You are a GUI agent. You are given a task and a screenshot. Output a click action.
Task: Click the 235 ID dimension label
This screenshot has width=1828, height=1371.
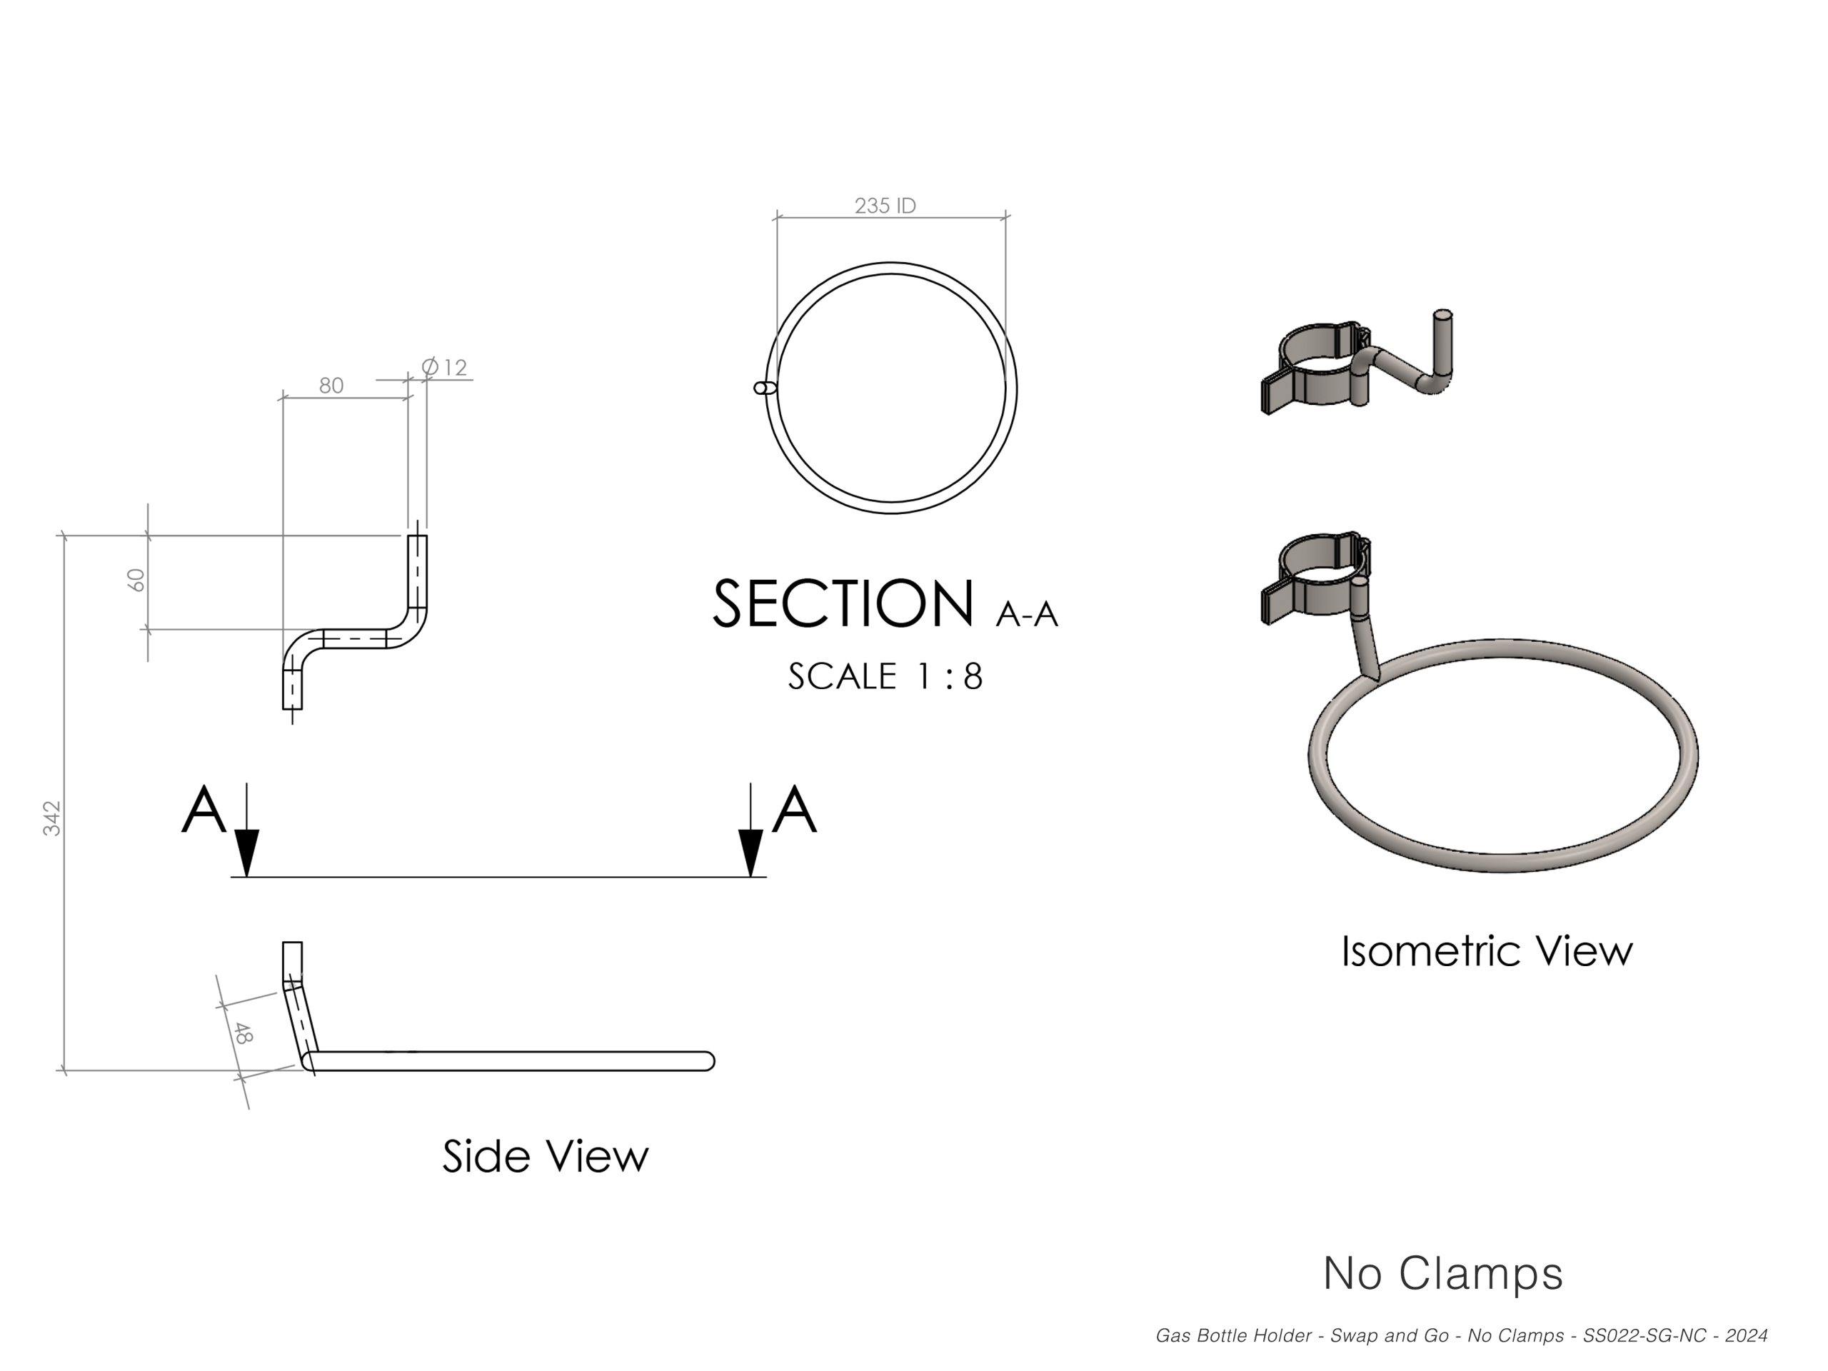pos(885,206)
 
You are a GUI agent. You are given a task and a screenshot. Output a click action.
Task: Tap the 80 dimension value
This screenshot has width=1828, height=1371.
pos(331,386)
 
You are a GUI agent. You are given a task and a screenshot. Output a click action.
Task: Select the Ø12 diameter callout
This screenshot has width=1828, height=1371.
pos(445,367)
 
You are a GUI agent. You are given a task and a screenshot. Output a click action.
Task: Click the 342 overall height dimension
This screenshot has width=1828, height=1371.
pos(52,818)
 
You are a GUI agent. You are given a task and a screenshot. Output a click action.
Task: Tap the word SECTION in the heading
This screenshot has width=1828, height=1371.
pos(843,604)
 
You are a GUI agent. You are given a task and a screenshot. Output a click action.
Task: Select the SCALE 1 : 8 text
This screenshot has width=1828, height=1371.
pos(885,677)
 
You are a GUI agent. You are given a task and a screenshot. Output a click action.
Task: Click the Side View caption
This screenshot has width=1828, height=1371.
pos(546,1155)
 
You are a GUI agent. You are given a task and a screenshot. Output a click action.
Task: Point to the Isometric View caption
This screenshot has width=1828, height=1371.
pos(1487,951)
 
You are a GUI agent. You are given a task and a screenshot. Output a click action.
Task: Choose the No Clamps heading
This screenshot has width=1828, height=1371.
pos(1443,1273)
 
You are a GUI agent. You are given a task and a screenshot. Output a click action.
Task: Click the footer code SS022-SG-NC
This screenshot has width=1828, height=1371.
pos(1644,1336)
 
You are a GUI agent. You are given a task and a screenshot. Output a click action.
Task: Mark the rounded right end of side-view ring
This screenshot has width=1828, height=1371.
pos(707,1060)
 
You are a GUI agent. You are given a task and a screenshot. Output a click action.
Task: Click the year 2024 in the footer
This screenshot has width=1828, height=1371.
pos(1746,1336)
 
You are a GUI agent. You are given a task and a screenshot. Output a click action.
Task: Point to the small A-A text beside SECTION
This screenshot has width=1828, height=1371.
pos(1028,615)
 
